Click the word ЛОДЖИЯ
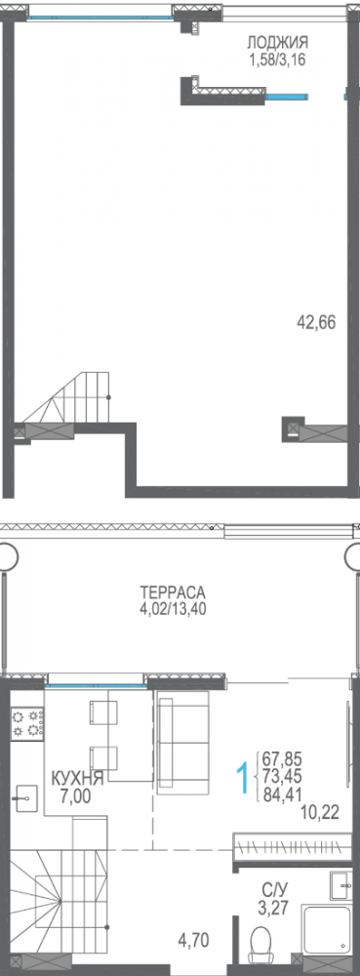tap(277, 42)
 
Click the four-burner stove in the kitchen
tap(29, 723)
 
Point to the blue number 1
tap(241, 778)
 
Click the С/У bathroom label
tap(274, 890)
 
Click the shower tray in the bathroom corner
tap(328, 938)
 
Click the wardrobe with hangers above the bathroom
tap(291, 847)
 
